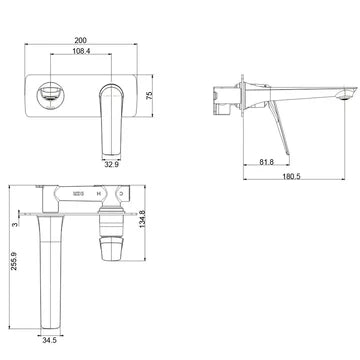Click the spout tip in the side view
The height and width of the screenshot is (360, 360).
click(349, 92)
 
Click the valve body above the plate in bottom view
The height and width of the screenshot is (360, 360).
click(85, 199)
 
